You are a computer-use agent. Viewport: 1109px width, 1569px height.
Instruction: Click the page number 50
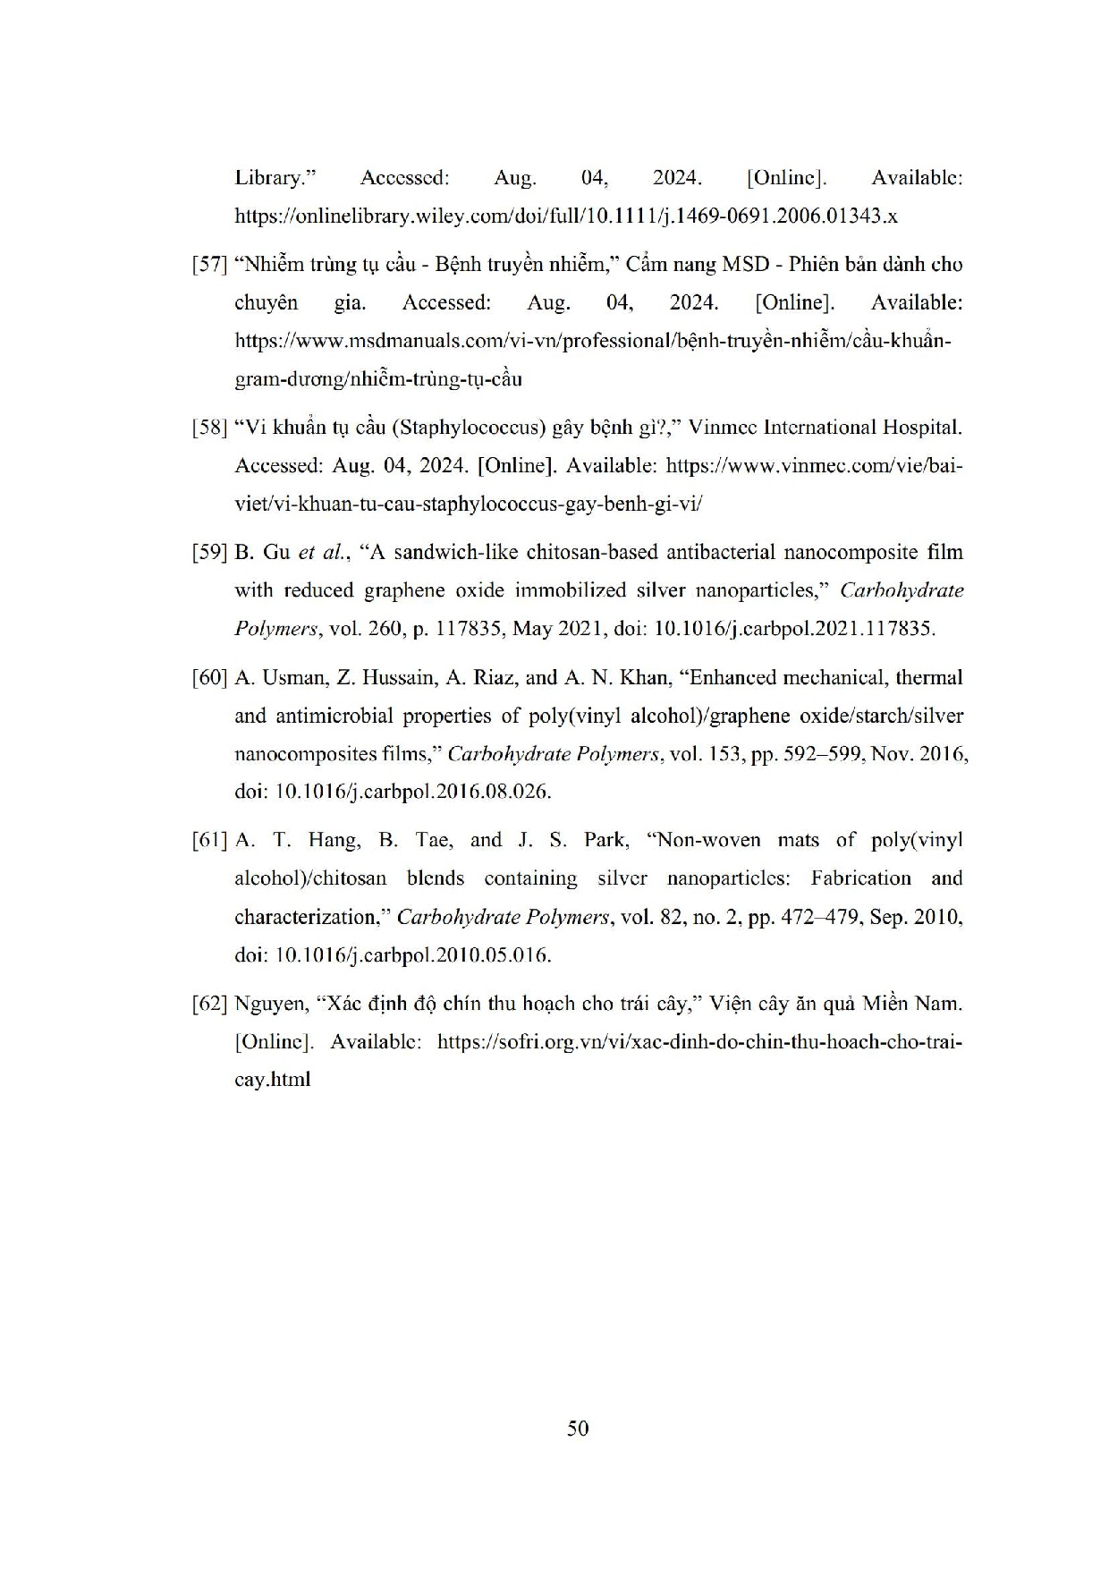578,1429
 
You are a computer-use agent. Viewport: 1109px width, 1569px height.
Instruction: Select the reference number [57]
210,265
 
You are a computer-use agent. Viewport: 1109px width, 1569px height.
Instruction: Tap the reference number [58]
210,428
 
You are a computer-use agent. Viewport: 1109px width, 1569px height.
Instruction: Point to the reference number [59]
210,552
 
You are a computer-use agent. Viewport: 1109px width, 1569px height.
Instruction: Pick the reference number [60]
210,678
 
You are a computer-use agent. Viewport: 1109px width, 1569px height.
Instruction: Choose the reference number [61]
210,840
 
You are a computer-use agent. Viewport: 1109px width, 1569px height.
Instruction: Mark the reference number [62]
210,1004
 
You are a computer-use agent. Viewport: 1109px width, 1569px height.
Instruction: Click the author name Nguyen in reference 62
268,1004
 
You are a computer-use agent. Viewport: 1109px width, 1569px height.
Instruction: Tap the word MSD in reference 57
746,265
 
